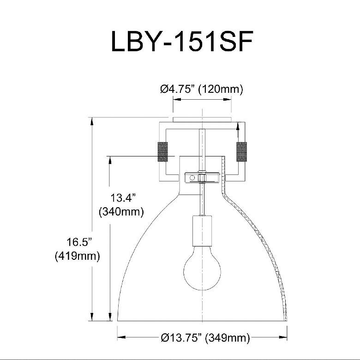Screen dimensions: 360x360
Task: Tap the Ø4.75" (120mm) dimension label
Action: point(201,90)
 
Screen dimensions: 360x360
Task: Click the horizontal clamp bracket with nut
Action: point(202,177)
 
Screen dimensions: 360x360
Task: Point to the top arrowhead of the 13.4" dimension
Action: point(110,160)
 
